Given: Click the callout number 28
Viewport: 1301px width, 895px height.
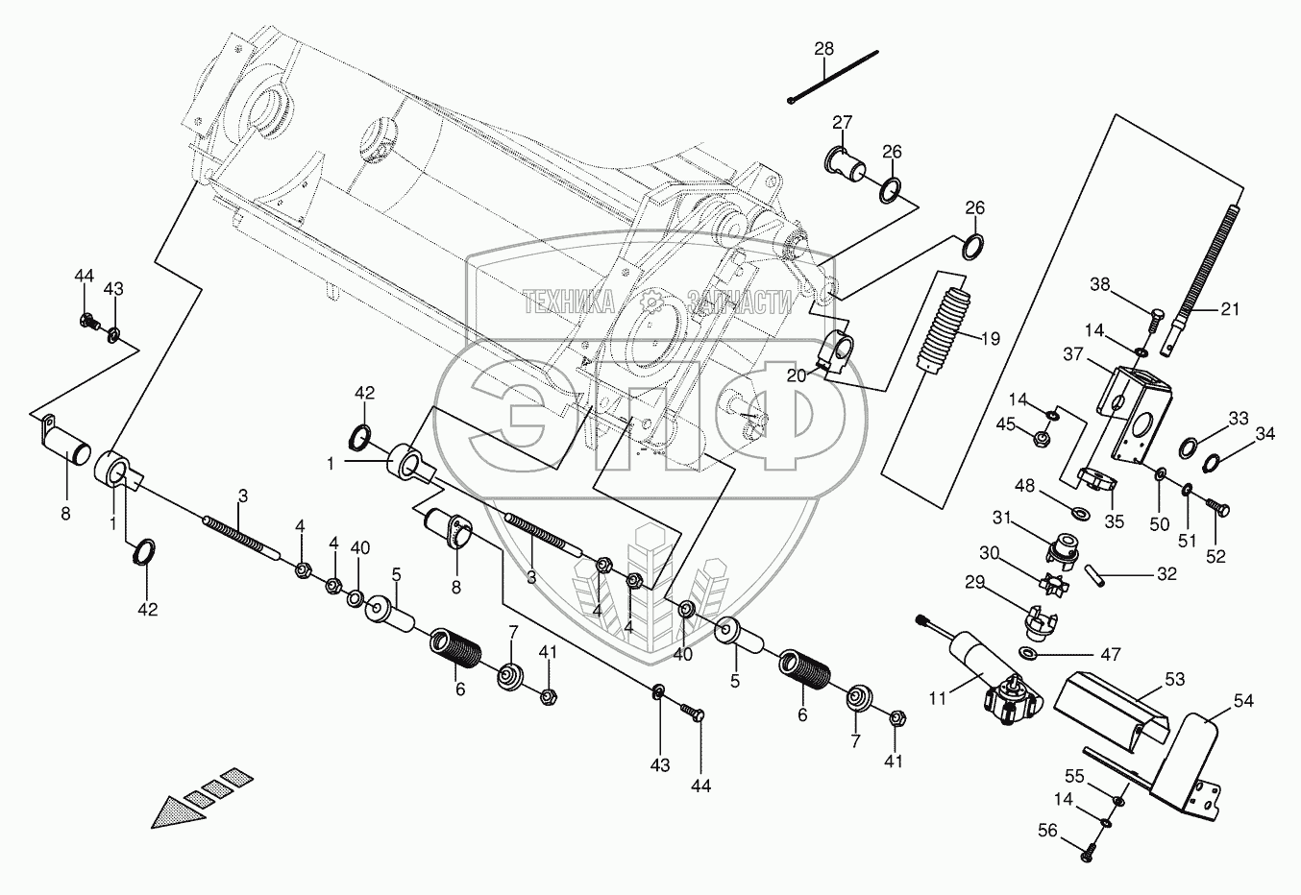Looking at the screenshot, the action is [824, 48].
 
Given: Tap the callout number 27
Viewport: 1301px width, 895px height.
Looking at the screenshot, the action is [842, 122].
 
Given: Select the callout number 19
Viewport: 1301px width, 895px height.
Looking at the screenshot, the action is [990, 338].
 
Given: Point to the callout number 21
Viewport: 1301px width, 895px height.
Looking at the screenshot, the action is [1230, 309].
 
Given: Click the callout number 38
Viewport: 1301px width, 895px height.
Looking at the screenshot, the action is [1100, 284].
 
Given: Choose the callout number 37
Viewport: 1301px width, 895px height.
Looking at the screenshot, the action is [1073, 354].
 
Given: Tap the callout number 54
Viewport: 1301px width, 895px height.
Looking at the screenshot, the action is [1243, 702].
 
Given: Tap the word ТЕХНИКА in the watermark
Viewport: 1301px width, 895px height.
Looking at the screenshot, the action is [569, 303].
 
